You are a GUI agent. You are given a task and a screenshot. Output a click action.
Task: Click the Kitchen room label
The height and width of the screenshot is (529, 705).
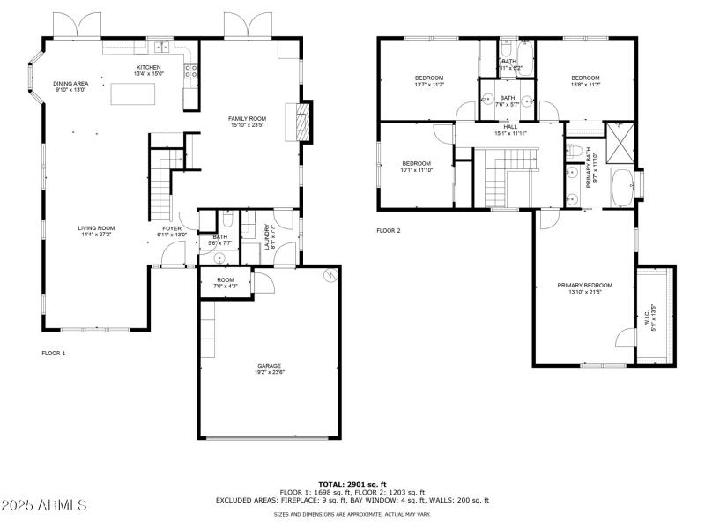(x=148, y=68)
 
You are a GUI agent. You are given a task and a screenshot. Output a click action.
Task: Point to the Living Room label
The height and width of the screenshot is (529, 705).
(x=96, y=228)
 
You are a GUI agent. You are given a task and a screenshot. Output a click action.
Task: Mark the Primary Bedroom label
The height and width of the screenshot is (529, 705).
(x=584, y=285)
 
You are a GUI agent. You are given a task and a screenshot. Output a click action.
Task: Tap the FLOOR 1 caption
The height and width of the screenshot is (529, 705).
(x=54, y=354)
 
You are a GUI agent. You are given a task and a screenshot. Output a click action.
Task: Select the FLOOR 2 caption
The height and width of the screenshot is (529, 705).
(x=389, y=231)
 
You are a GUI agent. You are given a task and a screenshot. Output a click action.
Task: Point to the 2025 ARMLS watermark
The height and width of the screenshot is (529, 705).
(x=44, y=505)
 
